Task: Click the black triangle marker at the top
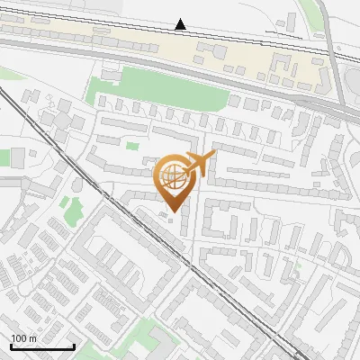click(181, 24)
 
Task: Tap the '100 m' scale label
click(24, 338)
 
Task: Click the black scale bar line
click(42, 346)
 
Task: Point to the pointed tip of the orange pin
click(173, 211)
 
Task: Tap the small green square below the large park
click(132, 145)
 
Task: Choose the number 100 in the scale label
click(18, 338)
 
